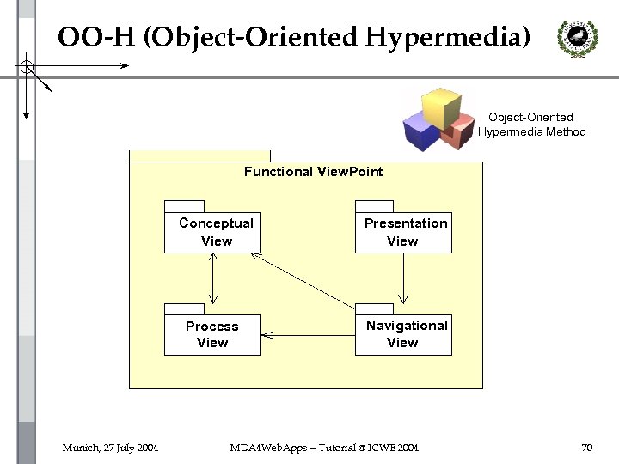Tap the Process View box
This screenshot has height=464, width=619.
(211, 334)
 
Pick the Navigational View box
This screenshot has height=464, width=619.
(403, 333)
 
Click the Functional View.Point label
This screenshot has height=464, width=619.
(313, 172)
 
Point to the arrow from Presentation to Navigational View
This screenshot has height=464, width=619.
(403, 278)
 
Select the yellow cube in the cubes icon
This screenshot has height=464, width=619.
(439, 104)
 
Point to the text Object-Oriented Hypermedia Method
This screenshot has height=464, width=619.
(531, 125)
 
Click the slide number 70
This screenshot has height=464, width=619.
(587, 448)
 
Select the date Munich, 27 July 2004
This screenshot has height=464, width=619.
(109, 448)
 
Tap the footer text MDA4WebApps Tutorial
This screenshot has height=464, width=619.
(324, 448)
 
